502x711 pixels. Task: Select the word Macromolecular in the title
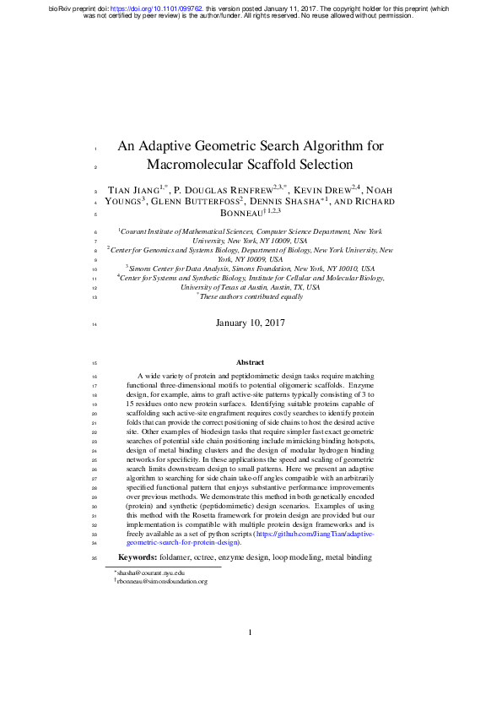click(202, 165)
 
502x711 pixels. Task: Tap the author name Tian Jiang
click(133, 190)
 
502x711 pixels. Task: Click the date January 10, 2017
click(251, 323)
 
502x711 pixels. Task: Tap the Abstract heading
click(251, 386)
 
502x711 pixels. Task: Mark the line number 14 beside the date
click(94, 323)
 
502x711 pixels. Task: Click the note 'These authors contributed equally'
click(251, 297)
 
